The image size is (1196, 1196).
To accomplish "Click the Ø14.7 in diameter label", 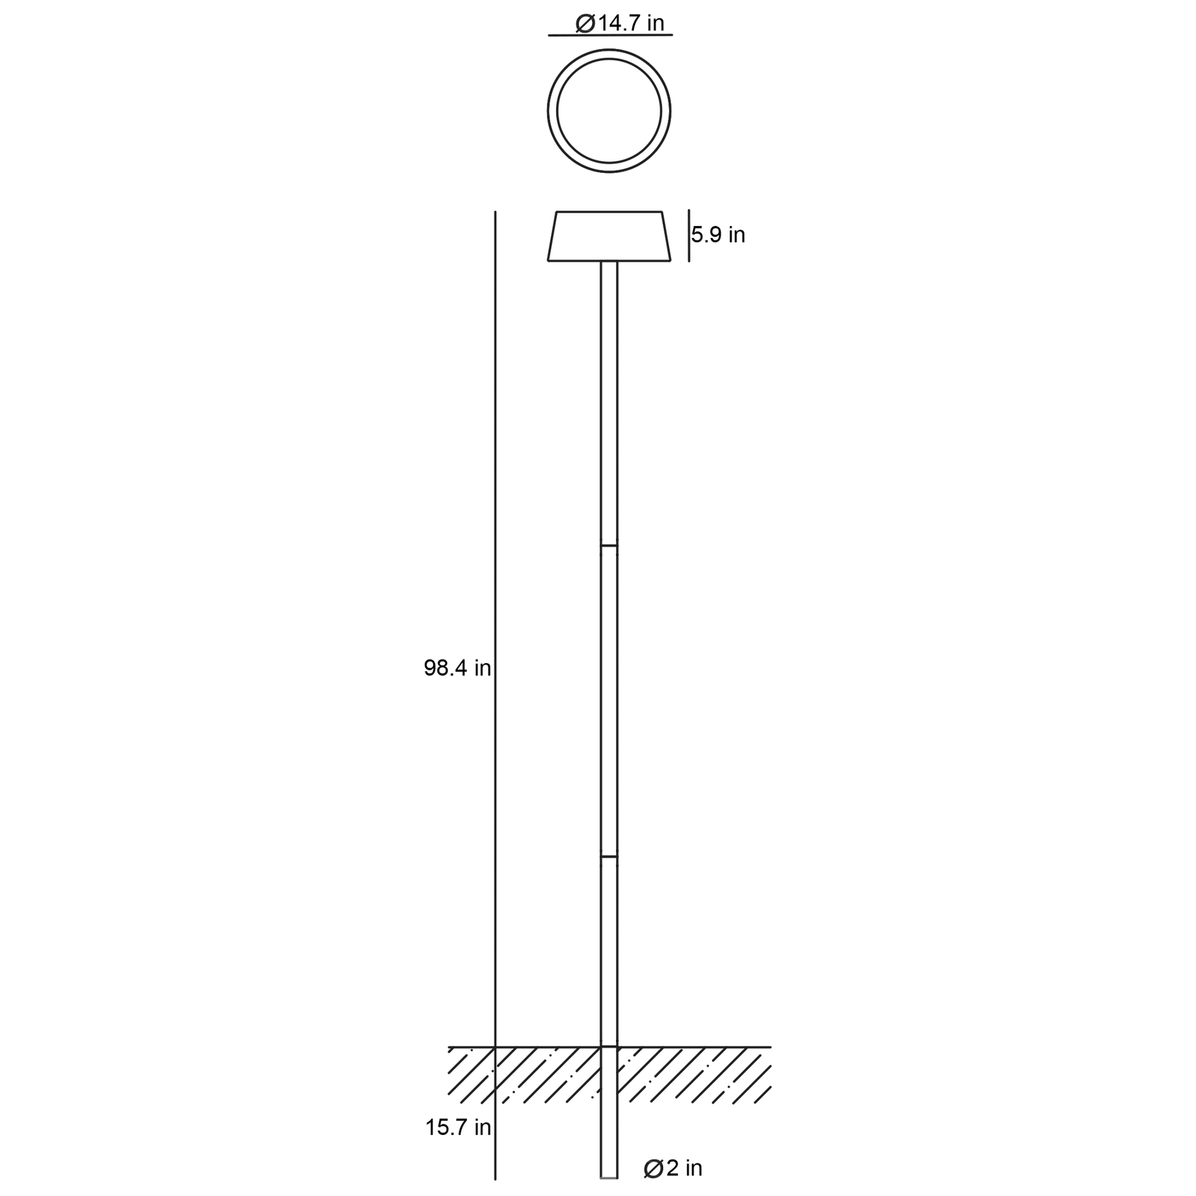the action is [x=620, y=23].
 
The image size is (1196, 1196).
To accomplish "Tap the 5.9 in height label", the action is [x=718, y=235].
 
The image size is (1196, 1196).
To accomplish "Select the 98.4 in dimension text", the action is [x=457, y=668].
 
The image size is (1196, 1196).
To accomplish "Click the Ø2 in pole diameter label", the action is [x=673, y=1168].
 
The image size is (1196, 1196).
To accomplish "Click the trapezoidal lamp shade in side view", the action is [x=609, y=237].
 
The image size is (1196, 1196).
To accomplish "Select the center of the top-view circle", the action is [x=609, y=111].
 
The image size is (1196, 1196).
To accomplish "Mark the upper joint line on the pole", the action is [x=609, y=546].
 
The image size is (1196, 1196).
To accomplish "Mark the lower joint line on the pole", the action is [x=609, y=856].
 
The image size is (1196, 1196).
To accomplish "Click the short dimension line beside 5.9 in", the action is [x=689, y=235].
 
